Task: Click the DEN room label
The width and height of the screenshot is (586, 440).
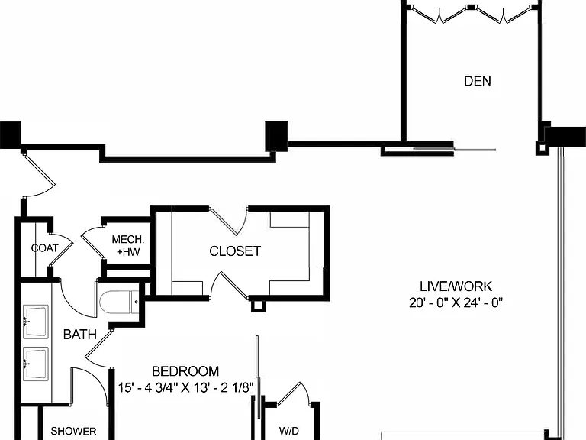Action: click(477, 81)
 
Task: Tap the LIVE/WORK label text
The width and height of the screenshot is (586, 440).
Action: click(456, 286)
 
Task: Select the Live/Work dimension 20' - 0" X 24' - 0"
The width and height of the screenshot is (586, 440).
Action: click(456, 302)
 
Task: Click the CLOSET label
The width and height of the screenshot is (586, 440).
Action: click(235, 251)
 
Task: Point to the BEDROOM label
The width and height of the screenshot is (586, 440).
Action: click(185, 371)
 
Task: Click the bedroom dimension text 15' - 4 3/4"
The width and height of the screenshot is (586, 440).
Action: click(148, 387)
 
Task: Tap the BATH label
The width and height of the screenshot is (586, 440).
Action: click(80, 334)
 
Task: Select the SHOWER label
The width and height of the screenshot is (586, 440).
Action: click(73, 431)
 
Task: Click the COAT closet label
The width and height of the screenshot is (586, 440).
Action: click(45, 248)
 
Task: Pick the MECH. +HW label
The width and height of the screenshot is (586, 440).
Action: click(128, 245)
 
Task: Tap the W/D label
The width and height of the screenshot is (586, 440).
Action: click(289, 431)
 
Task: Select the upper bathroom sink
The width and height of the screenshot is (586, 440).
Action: click(36, 322)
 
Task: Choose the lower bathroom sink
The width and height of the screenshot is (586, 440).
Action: click(36, 364)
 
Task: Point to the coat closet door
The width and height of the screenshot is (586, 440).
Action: click(62, 250)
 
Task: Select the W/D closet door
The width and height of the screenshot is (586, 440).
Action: click(294, 393)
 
